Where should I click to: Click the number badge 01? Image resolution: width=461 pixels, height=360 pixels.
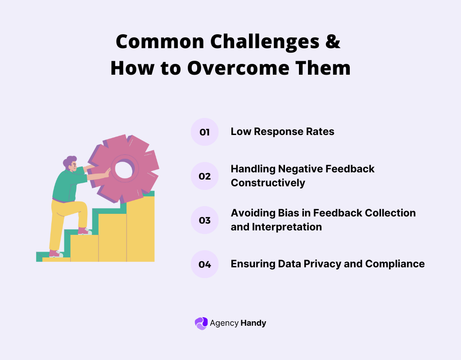point(204,132)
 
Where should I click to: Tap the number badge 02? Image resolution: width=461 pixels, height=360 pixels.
point(204,176)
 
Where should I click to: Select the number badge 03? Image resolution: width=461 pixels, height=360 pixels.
point(204,220)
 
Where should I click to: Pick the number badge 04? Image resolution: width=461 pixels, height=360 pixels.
point(204,264)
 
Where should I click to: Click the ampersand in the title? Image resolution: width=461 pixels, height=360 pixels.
point(332,42)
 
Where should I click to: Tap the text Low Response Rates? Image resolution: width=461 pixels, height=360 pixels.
point(283,131)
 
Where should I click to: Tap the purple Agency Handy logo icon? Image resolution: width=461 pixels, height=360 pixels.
point(201,323)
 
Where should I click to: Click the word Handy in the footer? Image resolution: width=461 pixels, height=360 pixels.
point(253,323)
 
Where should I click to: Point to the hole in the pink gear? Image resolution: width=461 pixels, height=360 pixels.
point(122,169)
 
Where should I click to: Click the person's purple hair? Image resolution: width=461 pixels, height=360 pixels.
point(70,161)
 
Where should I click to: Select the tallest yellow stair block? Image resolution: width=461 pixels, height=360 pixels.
point(140,229)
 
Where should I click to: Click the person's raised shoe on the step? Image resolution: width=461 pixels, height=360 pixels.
point(85,231)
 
